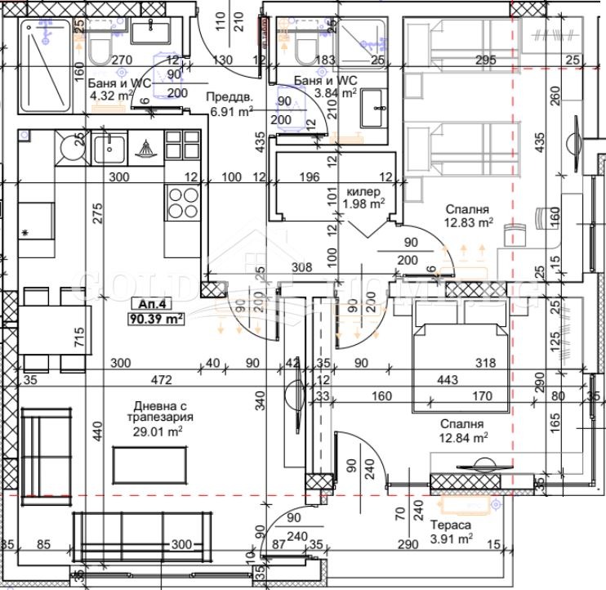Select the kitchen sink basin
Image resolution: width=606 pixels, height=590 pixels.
tap(108, 150)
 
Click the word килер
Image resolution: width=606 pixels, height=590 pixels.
tap(365, 191)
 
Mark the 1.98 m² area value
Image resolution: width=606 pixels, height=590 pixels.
tap(365, 204)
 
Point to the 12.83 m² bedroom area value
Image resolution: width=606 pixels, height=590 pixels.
tap(468, 221)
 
